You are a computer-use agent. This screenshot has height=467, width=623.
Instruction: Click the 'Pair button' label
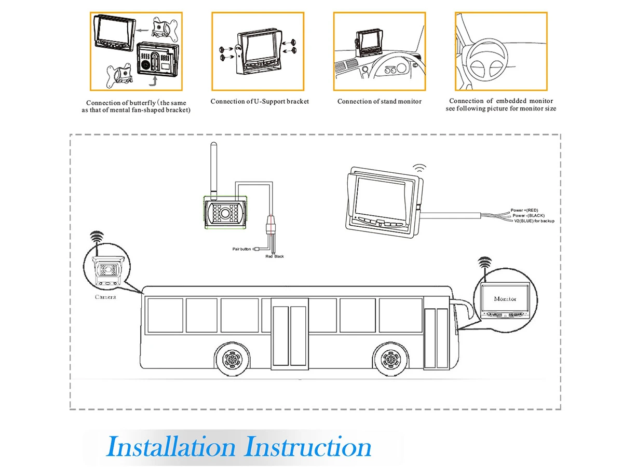(241, 249)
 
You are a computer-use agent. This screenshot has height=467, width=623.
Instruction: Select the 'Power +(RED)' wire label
(524, 210)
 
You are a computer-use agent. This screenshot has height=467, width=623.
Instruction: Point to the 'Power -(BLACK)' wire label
(529, 215)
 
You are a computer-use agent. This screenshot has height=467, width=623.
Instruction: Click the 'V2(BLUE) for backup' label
(534, 221)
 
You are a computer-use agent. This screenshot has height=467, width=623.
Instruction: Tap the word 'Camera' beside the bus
(105, 297)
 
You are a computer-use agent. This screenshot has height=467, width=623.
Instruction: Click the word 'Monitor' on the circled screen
(505, 299)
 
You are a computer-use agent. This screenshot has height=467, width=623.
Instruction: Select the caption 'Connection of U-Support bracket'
(260, 101)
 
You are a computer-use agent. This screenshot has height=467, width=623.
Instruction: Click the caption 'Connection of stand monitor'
(380, 101)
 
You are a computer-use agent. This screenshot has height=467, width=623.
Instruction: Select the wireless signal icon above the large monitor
(419, 168)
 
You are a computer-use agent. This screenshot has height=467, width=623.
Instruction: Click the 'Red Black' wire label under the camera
(275, 256)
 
